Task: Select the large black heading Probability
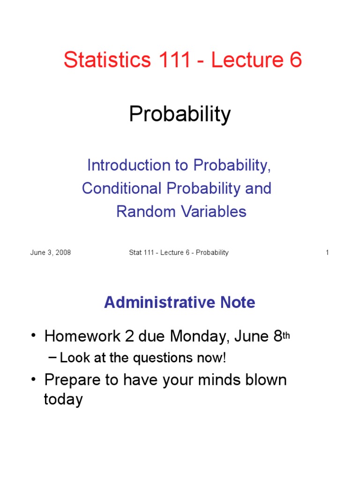pos(180,114)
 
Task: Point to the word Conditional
pos(122,188)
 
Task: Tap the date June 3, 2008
pos(51,253)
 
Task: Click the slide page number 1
pos(327,253)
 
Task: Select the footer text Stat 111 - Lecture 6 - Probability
pos(179,253)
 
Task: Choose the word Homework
pos(83,336)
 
